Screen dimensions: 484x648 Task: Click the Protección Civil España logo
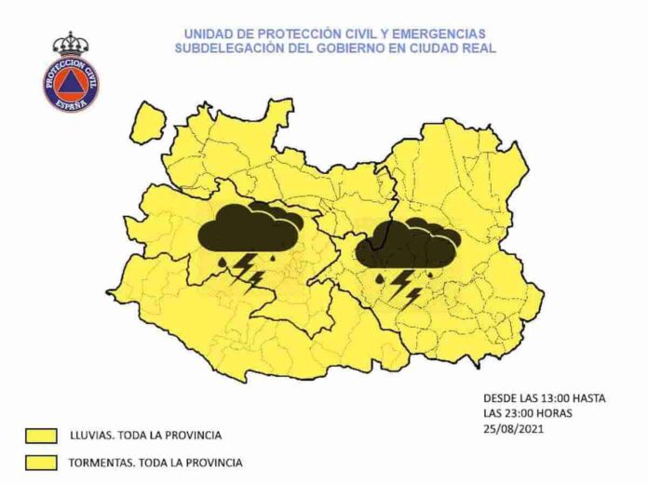coord(70,78)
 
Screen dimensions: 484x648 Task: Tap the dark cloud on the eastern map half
coord(408,244)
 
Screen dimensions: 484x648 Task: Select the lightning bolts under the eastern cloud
coord(404,286)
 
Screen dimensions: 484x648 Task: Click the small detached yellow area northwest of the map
coord(148,121)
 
